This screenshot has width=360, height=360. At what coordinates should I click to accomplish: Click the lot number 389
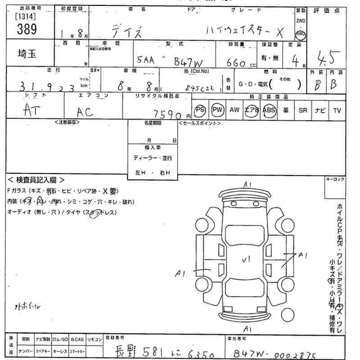point(27,29)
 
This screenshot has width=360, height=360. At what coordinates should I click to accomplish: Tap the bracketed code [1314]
point(26,16)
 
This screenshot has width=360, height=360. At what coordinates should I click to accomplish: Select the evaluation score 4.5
point(328,58)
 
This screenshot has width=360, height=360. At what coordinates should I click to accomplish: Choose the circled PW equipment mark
point(218,110)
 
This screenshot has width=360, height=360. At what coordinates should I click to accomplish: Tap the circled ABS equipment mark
point(269,110)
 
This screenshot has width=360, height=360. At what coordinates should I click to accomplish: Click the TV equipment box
point(337,110)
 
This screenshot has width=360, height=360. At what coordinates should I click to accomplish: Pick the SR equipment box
point(302,110)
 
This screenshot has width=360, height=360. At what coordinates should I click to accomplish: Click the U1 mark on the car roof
point(246,259)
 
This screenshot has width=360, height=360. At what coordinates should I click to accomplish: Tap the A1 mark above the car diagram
point(247,184)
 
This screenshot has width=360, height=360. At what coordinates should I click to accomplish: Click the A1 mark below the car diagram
point(247,328)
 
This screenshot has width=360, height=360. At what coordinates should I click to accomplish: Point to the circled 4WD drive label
point(300,34)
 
